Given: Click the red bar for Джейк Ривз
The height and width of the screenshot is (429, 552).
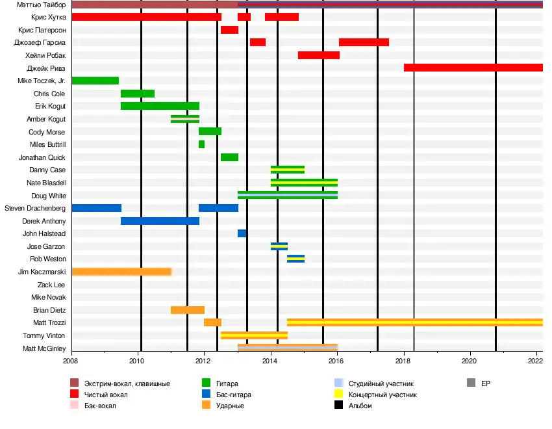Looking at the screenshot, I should tap(473, 68).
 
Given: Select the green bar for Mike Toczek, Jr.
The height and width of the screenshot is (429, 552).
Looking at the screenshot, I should tap(95, 81).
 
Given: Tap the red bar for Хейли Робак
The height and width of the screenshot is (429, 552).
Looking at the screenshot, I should tap(318, 55).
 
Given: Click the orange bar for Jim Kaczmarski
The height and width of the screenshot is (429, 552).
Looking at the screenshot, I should tap(121, 272).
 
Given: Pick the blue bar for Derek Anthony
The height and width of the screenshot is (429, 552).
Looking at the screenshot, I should tap(160, 221).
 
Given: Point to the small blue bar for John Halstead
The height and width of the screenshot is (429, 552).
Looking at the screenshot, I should tap(242, 233).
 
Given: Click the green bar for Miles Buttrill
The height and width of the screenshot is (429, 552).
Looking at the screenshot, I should tap(201, 144).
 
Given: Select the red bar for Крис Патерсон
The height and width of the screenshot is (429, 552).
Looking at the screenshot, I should tap(229, 30).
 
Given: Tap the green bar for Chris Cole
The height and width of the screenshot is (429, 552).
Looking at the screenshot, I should tap(138, 94).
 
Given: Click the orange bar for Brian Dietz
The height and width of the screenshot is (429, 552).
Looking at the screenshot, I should tap(188, 310).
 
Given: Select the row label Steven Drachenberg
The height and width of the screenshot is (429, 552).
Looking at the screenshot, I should tap(35, 208).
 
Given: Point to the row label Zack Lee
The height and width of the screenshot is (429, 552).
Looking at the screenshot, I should tap(51, 285).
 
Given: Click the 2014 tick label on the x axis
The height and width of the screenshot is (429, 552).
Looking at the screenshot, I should tap(270, 360).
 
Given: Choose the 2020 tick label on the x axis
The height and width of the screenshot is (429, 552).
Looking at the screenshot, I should tap(470, 360).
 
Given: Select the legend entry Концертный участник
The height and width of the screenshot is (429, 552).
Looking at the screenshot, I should tap(383, 395).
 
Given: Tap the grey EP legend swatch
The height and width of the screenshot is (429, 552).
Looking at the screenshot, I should tap(471, 383).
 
